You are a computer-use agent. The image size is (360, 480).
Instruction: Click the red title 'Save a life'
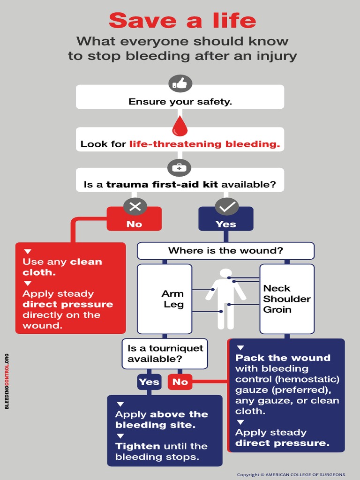(182, 21)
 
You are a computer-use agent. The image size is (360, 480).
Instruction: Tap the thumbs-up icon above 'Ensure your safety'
(180, 83)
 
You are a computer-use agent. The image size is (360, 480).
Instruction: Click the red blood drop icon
(180, 126)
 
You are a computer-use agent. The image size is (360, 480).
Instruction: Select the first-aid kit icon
(180, 167)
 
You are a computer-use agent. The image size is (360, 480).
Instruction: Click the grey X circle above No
(135, 206)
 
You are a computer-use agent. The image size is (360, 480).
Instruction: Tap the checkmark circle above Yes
(226, 206)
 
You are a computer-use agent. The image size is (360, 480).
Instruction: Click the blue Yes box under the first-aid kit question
(225, 224)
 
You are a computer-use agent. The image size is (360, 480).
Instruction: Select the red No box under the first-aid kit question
(134, 224)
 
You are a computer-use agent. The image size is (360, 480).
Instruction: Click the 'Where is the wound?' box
(225, 250)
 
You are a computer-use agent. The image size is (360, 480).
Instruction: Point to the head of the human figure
(226, 273)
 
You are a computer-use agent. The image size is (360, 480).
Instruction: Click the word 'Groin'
(277, 309)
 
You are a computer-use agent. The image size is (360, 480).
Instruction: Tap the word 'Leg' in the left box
(173, 305)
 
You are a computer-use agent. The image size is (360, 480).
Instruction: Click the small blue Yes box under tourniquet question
(149, 382)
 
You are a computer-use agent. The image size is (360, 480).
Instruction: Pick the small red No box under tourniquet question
(180, 382)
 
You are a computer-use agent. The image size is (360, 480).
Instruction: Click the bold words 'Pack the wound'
(283, 358)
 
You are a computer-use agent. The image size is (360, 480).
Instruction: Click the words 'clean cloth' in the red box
(62, 267)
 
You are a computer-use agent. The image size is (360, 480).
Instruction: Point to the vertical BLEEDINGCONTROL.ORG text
(7, 381)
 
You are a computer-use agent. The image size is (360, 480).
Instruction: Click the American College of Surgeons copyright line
(291, 474)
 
